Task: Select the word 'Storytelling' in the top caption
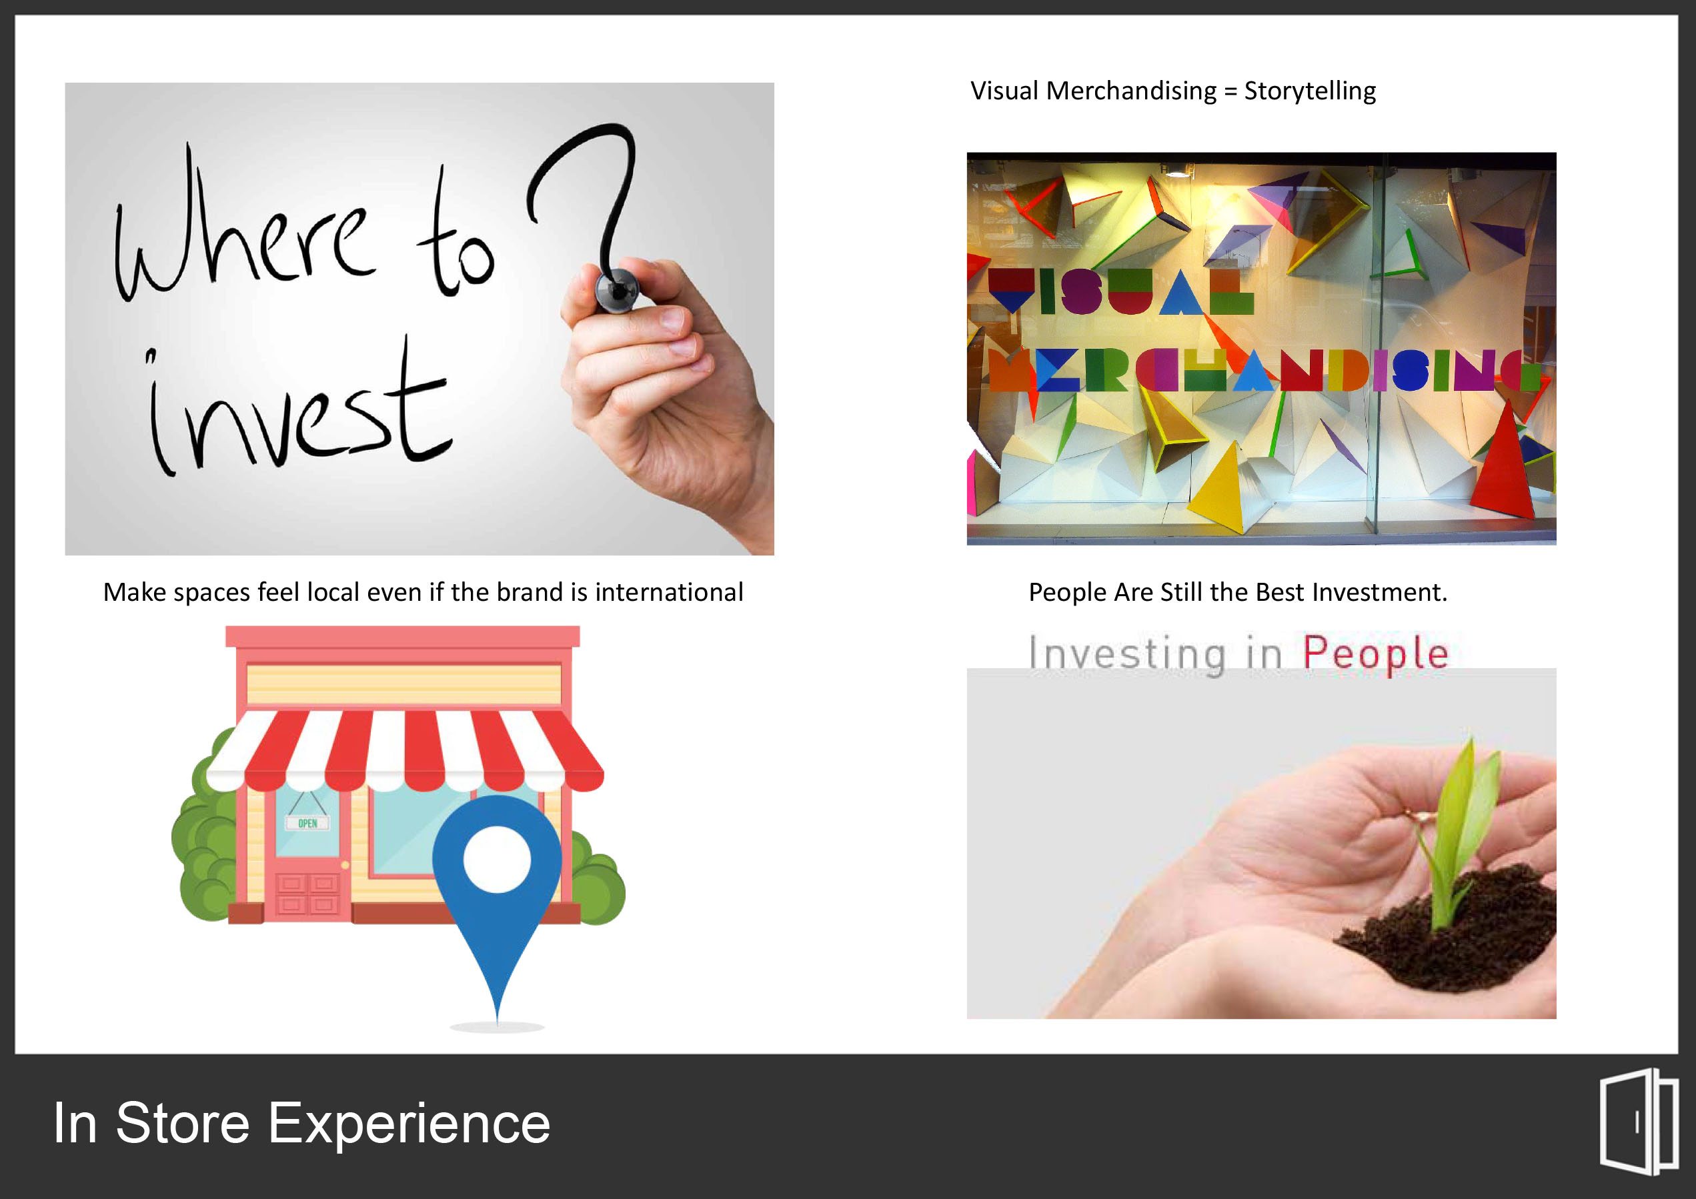tap(1310, 91)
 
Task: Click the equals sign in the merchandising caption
tap(1230, 91)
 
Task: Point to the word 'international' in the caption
tap(668, 591)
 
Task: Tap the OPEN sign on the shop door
tap(307, 823)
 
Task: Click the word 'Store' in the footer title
tap(183, 1123)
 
